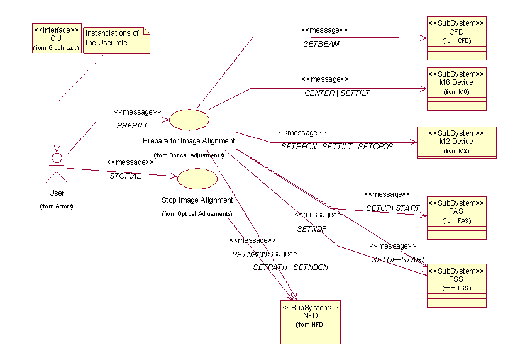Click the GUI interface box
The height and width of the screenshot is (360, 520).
tap(57, 38)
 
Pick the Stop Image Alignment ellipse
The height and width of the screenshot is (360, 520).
tap(197, 179)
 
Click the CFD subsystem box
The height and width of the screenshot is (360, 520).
tap(456, 38)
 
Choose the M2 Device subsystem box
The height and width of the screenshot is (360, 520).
tap(456, 142)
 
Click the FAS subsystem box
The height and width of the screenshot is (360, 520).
tap(456, 218)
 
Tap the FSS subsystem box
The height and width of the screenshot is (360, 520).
tap(456, 285)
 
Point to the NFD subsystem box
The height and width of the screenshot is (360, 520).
tap(310, 322)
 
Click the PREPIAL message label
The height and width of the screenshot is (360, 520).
tap(133, 126)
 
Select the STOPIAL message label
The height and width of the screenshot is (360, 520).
tap(125, 176)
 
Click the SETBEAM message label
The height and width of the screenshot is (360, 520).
tap(321, 44)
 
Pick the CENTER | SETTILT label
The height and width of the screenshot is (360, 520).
tap(337, 93)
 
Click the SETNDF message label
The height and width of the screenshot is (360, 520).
tap(312, 229)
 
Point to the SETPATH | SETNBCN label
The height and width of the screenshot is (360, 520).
tap(290, 267)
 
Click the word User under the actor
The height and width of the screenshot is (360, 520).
tap(57, 193)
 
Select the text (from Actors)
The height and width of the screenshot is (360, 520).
tap(57, 206)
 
